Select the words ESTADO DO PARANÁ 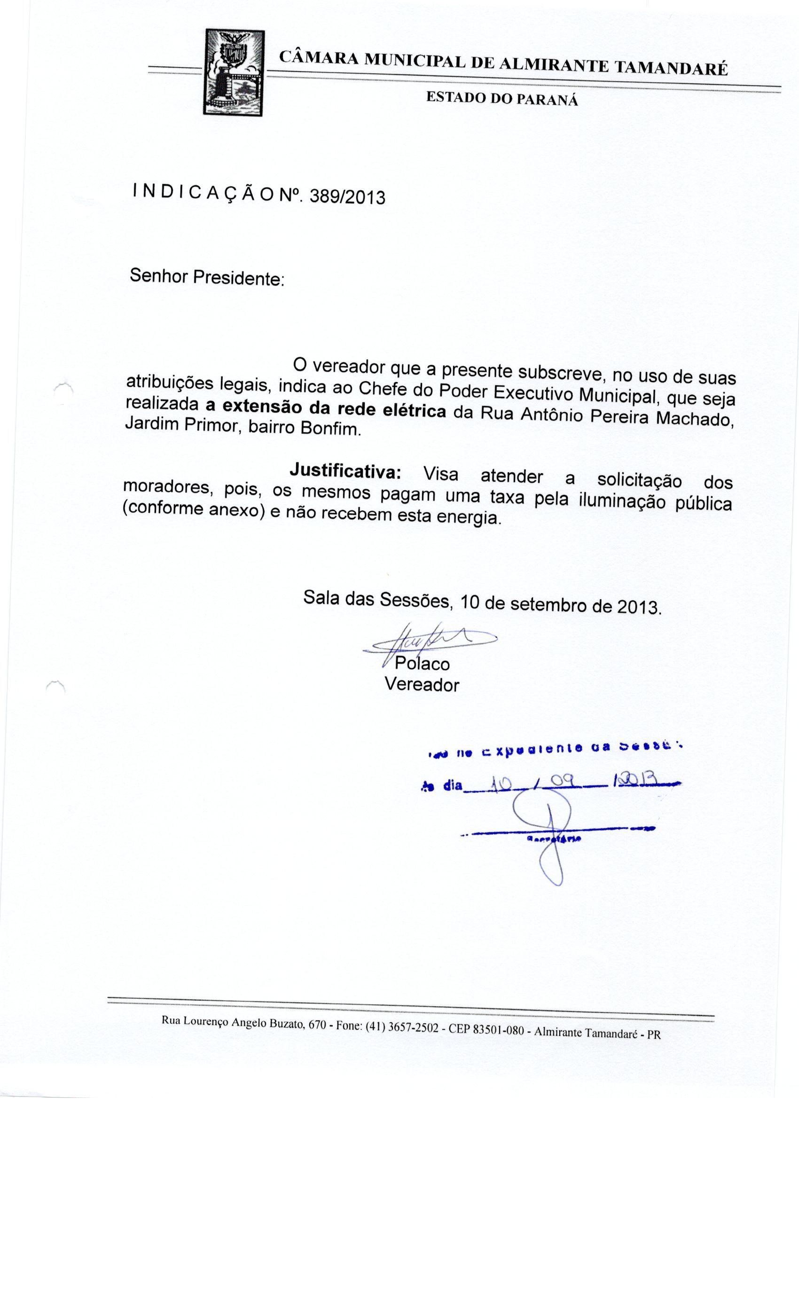pos(501,98)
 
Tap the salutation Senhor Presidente pos(207,277)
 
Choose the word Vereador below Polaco pos(422,685)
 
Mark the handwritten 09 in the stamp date pos(562,782)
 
